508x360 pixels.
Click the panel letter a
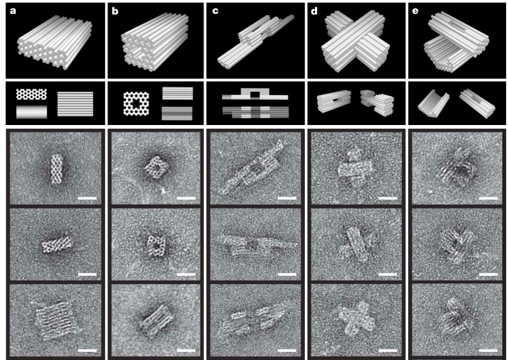tap(13, 11)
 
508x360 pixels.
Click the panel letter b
tap(114, 11)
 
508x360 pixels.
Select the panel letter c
tap(215, 11)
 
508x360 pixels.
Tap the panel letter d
tap(314, 11)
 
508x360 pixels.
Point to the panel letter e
tap(415, 11)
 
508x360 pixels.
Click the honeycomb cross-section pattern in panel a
tap(31, 94)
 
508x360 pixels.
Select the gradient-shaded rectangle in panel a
tap(31, 112)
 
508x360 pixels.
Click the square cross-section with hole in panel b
tap(136, 104)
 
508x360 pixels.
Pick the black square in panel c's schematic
tap(255, 95)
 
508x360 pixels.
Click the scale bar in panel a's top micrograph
tap(87, 198)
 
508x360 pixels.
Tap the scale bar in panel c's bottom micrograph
tap(287, 351)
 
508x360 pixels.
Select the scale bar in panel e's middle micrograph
tap(489, 275)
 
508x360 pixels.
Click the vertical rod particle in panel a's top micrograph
tap(57, 169)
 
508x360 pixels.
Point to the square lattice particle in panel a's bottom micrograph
tap(57, 320)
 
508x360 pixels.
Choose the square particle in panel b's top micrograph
tap(157, 167)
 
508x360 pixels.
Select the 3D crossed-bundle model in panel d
tap(355, 41)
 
